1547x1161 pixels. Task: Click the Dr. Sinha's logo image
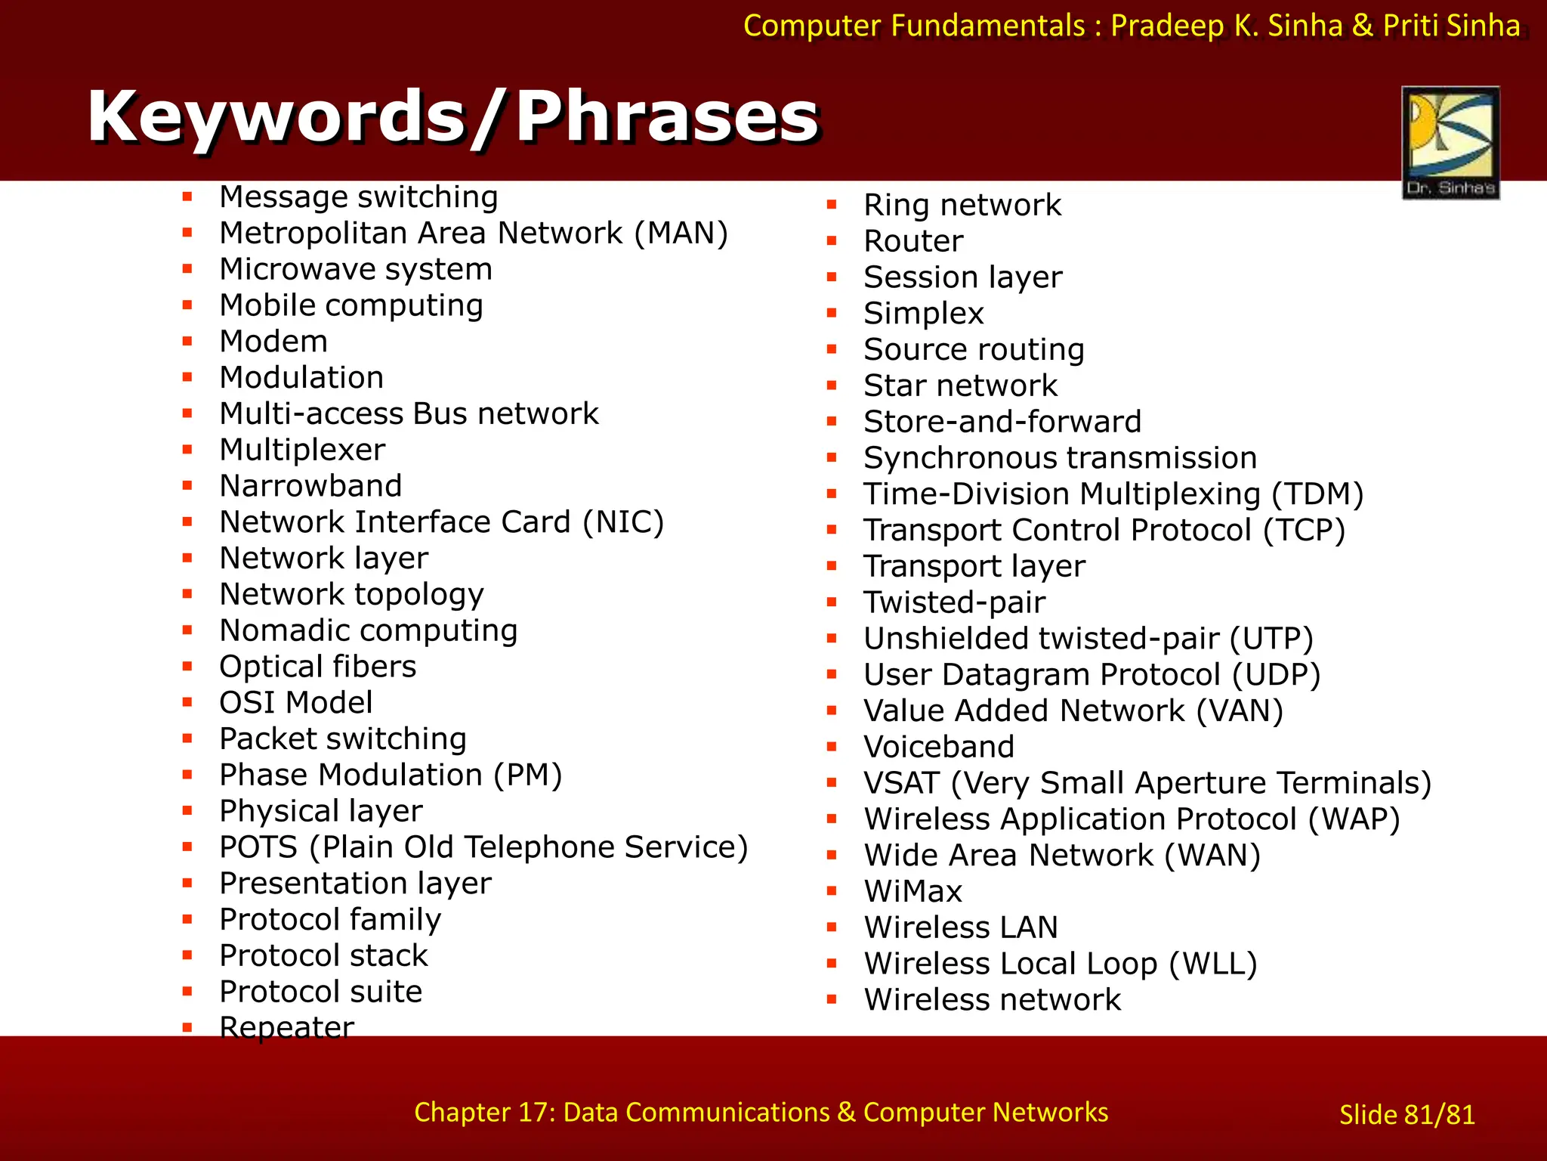pyautogui.click(x=1450, y=142)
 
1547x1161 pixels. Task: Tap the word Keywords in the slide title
pyautogui.click(x=276, y=117)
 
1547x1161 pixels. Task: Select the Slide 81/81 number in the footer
pyautogui.click(x=1407, y=1115)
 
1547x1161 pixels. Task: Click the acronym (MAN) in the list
pyautogui.click(x=681, y=233)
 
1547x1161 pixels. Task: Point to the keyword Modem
pyautogui.click(x=273, y=342)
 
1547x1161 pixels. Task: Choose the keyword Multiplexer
pyautogui.click(x=302, y=450)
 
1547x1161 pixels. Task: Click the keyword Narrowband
pyautogui.click(x=310, y=486)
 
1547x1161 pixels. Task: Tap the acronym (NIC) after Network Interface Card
pyautogui.click(x=623, y=522)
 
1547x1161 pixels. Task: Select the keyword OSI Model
pyautogui.click(x=295, y=703)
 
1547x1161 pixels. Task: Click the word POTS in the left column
pyautogui.click(x=258, y=847)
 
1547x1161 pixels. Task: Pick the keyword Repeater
pyautogui.click(x=286, y=1028)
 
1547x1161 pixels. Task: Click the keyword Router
pyautogui.click(x=913, y=241)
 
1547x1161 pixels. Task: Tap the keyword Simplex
pyautogui.click(x=924, y=314)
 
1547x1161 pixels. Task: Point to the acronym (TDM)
pyautogui.click(x=1317, y=494)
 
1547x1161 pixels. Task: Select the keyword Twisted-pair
pyautogui.click(x=955, y=602)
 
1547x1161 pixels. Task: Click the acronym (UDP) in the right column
pyautogui.click(x=1276, y=675)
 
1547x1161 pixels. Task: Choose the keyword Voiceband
pyautogui.click(x=939, y=747)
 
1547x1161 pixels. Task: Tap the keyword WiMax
pyautogui.click(x=913, y=892)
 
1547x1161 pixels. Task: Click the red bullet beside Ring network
pyautogui.click(x=832, y=205)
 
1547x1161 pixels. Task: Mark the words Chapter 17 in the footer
pyautogui.click(x=485, y=1113)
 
